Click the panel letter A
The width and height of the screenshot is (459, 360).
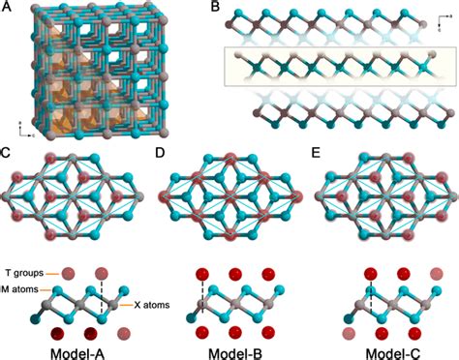7,8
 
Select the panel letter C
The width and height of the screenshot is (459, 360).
7,152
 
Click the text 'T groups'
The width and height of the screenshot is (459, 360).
21,275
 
